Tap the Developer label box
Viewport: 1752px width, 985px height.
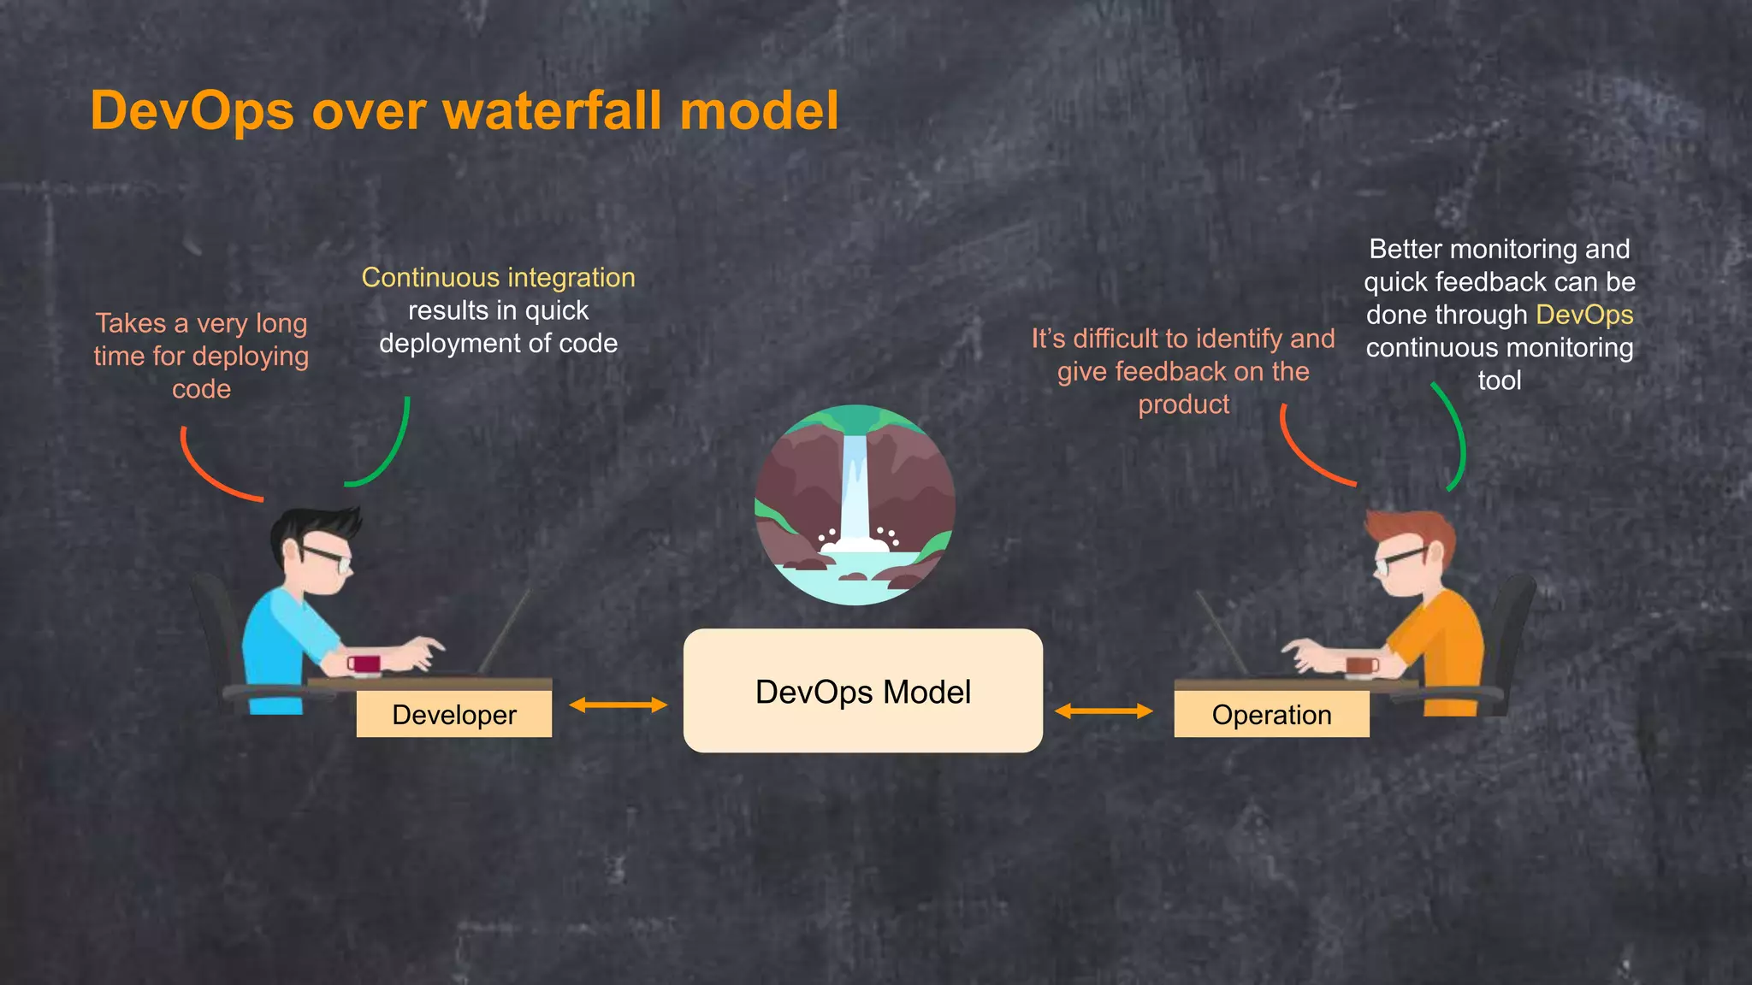(453, 715)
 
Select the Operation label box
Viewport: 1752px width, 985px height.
(1271, 715)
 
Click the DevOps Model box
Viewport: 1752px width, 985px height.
(862, 691)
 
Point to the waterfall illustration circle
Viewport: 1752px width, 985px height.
(855, 504)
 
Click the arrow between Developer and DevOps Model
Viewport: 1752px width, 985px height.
(618, 705)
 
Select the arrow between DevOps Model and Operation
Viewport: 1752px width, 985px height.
(1104, 711)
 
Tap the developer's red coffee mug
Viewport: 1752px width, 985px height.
(365, 664)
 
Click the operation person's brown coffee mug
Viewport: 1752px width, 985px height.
(1361, 665)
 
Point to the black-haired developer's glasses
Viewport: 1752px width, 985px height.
(327, 557)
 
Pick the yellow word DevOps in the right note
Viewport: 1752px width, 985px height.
(1584, 315)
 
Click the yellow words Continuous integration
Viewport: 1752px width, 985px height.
(498, 278)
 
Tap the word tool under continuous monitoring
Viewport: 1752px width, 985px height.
(1499, 380)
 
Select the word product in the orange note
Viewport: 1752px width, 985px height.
(1183, 404)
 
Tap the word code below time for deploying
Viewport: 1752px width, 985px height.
(201, 389)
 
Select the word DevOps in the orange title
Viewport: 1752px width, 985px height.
(192, 110)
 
